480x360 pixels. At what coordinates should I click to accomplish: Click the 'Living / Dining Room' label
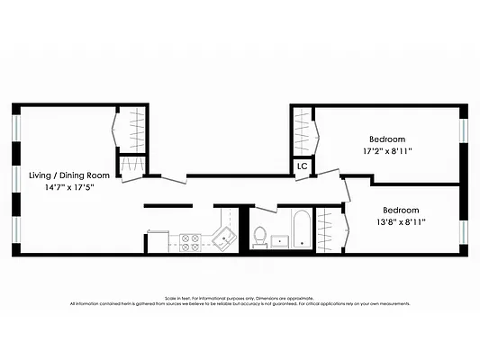click(x=69, y=175)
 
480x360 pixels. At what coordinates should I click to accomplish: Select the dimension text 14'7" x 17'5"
click(x=69, y=187)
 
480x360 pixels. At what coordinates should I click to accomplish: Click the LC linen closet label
click(x=303, y=166)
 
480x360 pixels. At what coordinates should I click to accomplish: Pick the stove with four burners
click(x=191, y=240)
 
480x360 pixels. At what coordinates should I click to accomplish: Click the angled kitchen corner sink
click(x=222, y=238)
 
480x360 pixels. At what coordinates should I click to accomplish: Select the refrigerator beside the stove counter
click(x=158, y=240)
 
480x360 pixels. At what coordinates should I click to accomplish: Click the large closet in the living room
click(x=132, y=131)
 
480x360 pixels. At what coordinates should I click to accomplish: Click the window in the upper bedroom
click(x=463, y=130)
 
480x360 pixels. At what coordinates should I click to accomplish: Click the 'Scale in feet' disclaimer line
click(x=240, y=298)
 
